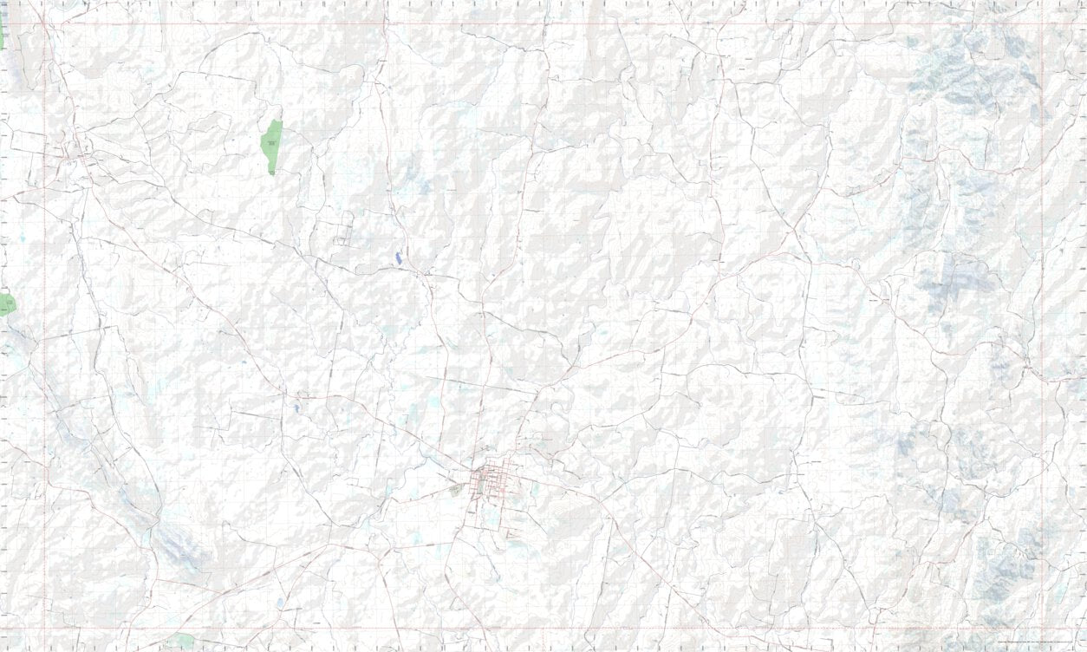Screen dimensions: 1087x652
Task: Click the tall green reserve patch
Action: coord(271,146)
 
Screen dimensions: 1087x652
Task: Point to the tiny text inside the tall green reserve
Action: coord(271,142)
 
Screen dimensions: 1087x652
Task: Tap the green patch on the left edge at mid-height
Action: coord(7,304)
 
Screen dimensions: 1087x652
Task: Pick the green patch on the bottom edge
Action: coord(182,642)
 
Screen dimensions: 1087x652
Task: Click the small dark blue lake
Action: coord(398,258)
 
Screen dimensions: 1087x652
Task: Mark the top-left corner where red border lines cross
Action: coord(44,23)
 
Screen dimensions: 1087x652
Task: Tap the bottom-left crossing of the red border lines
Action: coord(44,629)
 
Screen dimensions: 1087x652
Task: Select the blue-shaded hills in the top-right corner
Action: coord(971,69)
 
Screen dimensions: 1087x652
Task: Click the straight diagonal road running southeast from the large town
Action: coord(641,555)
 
